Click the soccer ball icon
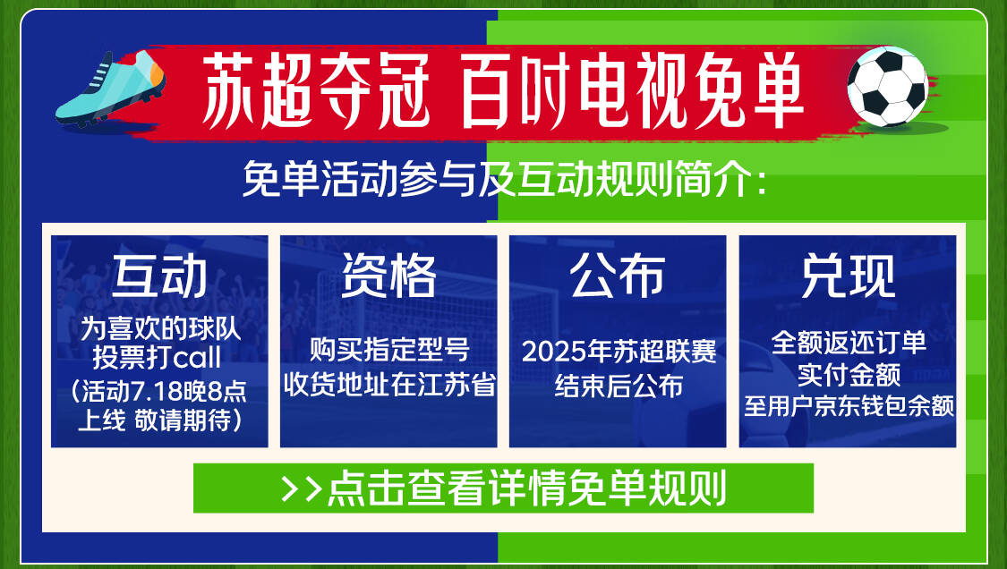[888, 86]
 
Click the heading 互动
[159, 276]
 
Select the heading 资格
[388, 276]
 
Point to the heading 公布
[617, 276]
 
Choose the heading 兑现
[848, 276]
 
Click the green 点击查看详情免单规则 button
[503, 488]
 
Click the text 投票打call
[157, 358]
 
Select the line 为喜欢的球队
[160, 329]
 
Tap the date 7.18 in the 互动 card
[157, 391]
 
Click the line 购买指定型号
[389, 350]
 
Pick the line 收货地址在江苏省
[389, 385]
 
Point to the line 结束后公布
[619, 386]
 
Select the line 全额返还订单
[849, 343]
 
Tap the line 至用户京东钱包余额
[849, 406]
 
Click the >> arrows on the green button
[302, 488]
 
